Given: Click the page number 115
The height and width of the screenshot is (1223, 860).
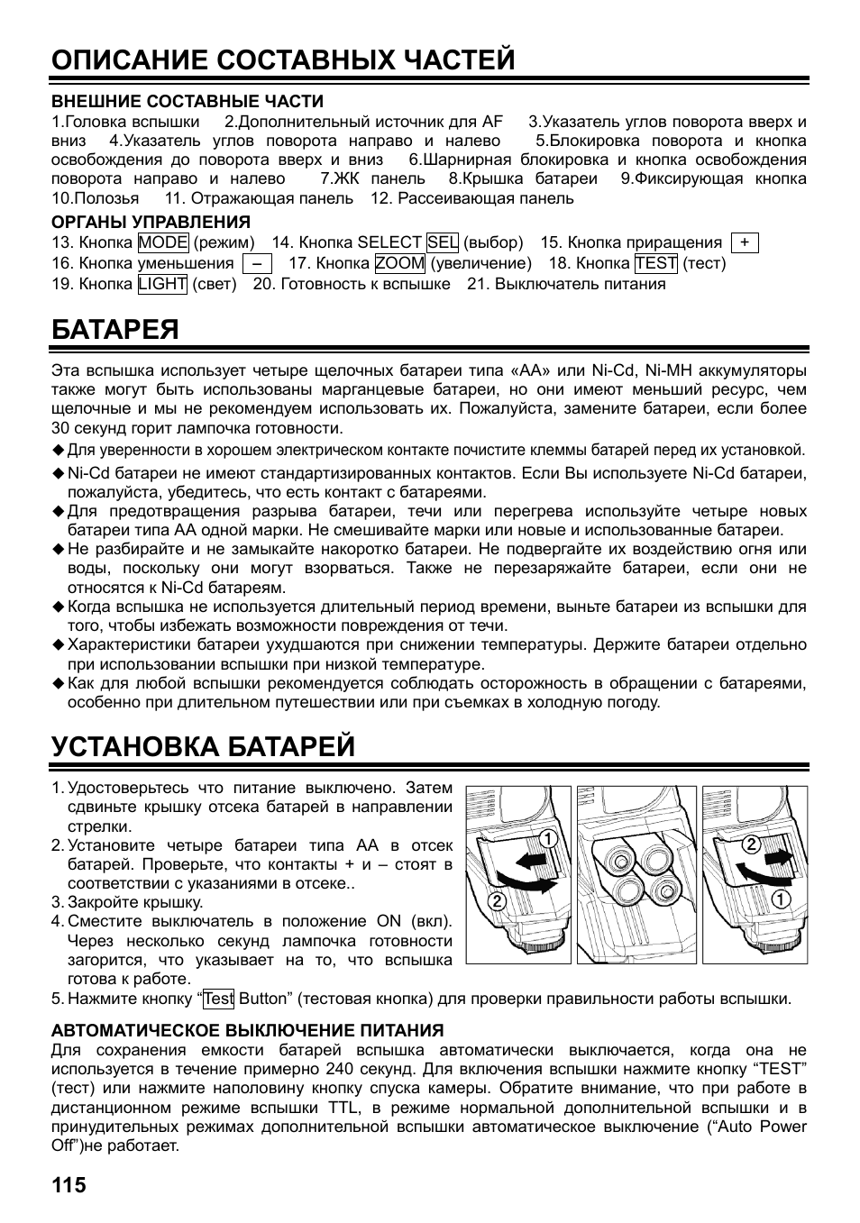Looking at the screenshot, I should (69, 1184).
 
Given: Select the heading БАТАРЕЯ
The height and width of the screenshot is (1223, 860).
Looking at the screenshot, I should (114, 329).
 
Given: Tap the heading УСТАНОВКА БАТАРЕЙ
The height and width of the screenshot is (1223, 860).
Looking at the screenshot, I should (203, 746).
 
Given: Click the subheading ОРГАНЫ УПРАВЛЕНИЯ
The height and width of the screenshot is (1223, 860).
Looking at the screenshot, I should (151, 222).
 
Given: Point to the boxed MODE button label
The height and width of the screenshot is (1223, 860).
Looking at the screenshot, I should (163, 242).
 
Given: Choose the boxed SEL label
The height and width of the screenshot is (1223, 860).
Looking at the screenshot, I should (443, 242).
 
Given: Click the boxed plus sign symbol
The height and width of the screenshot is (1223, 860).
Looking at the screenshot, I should (745, 243).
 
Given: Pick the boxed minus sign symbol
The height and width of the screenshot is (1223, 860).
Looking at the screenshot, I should (257, 264).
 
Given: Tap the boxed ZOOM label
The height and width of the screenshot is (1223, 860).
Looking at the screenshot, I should (400, 263).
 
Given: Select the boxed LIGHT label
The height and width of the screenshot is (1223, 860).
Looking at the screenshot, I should (162, 285).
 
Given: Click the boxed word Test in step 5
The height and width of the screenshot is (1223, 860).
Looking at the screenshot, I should (218, 999).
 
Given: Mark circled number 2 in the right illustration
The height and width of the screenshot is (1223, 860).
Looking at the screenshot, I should (749, 844).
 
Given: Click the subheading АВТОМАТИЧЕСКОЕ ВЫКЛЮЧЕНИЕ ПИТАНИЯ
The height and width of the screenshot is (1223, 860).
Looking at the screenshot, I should (247, 1030).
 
